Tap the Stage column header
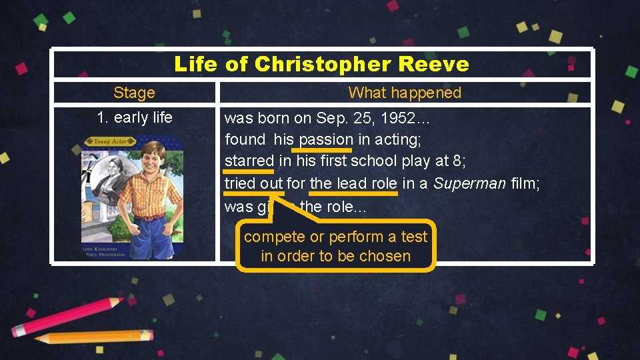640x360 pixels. click(134, 93)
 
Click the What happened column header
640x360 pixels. click(405, 93)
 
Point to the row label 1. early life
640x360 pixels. click(134, 118)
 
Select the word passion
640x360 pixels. click(326, 140)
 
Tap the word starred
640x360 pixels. click(249, 161)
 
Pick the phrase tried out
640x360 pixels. click(253, 183)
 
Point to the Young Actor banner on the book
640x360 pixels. click(110, 141)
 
